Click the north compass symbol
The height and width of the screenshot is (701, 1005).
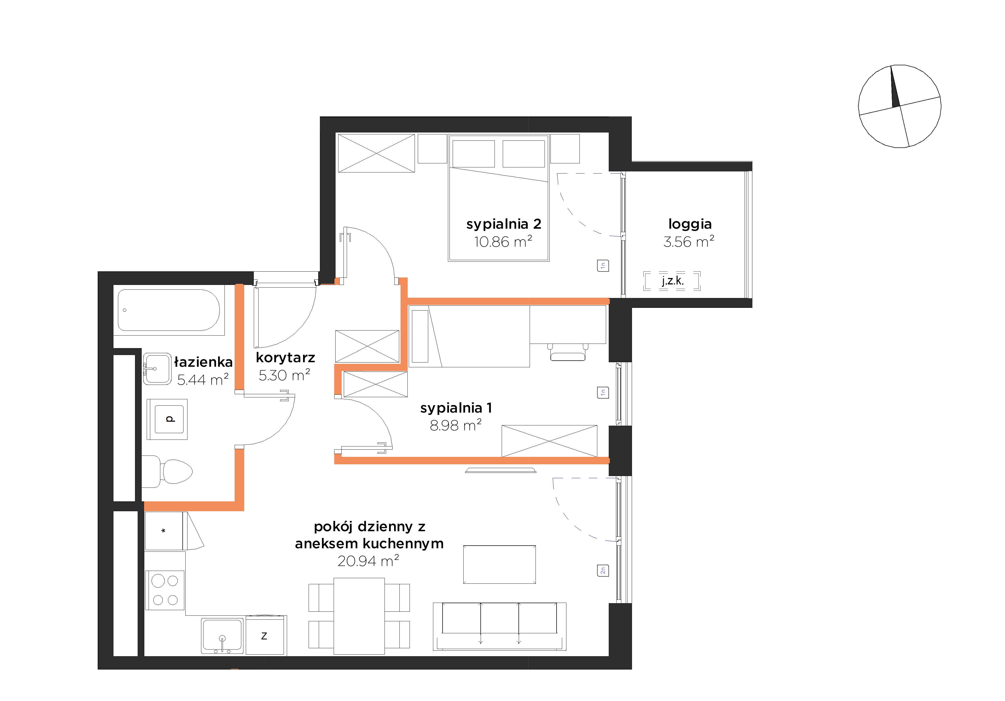(900, 106)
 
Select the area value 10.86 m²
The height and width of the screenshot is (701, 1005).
(503, 241)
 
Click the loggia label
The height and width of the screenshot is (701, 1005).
(690, 224)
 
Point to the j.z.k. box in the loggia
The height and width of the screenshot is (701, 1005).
(672, 281)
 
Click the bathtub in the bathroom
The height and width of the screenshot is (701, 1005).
(169, 310)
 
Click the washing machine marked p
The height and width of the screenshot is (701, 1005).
(167, 419)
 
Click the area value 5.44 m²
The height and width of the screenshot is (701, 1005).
(203, 379)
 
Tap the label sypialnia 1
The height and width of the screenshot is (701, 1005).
(456, 408)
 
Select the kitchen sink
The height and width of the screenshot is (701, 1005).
(222, 636)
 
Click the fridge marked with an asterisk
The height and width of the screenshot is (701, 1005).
(164, 531)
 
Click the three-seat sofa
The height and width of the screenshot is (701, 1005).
(499, 627)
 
